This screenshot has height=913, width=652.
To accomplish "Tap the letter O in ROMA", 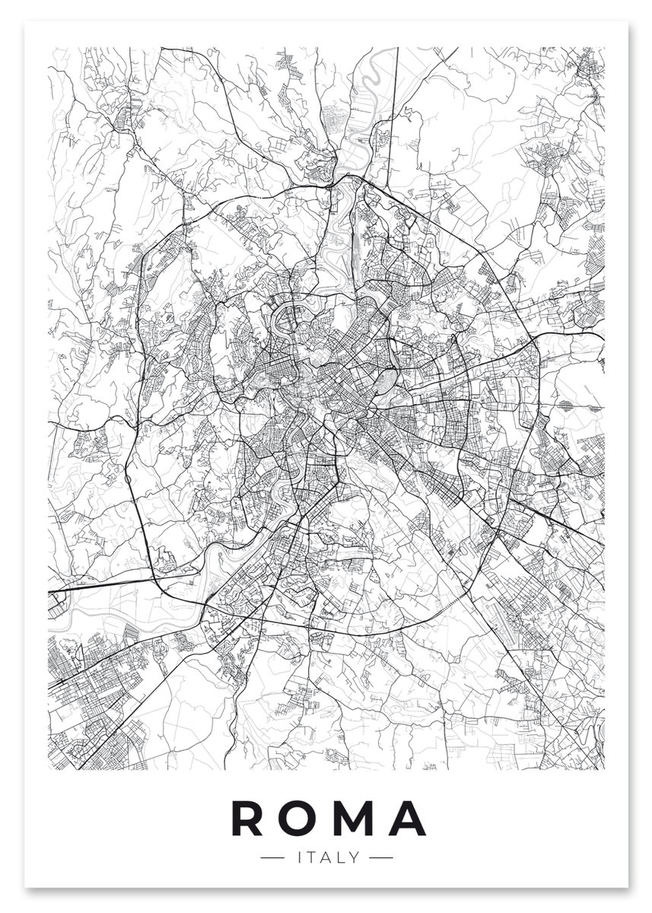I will (x=299, y=819).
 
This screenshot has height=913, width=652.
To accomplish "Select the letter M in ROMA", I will (x=352, y=819).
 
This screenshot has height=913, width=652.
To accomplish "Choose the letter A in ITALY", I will (x=323, y=857).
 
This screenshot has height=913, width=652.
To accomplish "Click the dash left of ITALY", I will (x=270, y=857).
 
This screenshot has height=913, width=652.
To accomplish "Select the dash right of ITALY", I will (x=380, y=857).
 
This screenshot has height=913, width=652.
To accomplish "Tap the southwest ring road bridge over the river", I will (x=204, y=601).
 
